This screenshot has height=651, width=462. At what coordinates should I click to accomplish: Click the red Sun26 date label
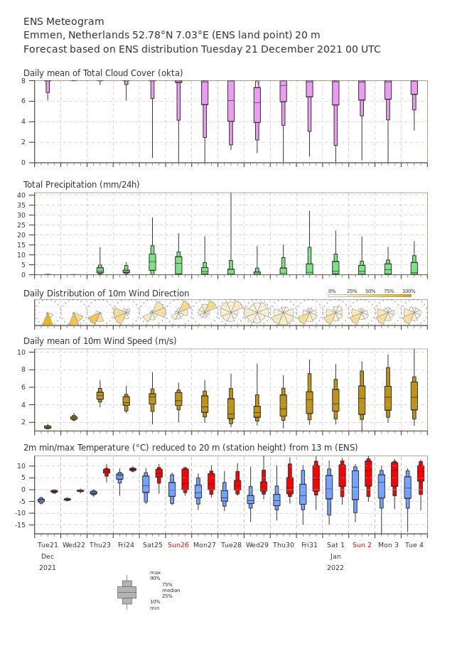pos(178,544)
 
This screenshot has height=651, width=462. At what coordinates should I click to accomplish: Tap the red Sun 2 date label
pos(362,544)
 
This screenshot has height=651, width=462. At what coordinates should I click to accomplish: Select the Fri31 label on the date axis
pos(309,544)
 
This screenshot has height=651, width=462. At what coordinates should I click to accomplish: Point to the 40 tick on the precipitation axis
pos(21,195)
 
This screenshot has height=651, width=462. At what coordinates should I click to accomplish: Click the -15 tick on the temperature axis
pos(20,524)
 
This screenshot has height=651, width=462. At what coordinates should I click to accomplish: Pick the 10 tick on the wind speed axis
pos(21,352)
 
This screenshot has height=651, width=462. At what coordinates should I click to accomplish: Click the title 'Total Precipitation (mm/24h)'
pos(81,184)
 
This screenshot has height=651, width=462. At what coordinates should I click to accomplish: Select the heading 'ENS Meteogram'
pos(64,21)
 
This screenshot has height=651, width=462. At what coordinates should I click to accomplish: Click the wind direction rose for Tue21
pos(48,319)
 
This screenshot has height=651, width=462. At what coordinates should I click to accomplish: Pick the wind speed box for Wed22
pos(74,418)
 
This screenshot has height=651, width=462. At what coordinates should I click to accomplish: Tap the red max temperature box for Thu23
pos(107,472)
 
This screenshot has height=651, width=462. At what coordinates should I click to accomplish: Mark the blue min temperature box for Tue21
pos(41,500)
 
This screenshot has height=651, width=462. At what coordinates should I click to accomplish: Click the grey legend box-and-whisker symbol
pos(127,593)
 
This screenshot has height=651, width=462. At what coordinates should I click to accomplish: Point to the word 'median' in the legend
pos(171,590)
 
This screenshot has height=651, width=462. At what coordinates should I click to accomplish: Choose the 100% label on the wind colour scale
pos(409,291)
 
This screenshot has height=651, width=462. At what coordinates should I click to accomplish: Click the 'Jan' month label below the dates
pos(335,556)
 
